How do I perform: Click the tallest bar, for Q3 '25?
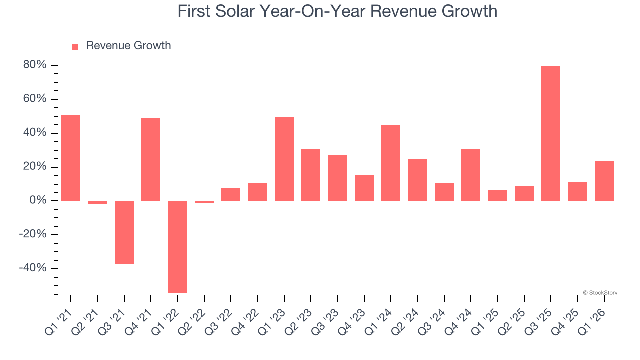pos(550,133)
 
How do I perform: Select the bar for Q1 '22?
pos(177,246)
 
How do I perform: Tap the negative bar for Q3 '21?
pos(124,232)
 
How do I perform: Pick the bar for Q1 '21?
pos(71,158)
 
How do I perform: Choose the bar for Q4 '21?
pos(151,159)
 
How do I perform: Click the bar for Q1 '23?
pos(284,159)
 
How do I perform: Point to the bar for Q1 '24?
pos(391,163)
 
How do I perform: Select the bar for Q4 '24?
pos(471,175)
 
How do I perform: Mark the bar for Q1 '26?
pos(604,180)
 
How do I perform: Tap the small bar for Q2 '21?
pos(98,202)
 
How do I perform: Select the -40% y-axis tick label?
pos(33,268)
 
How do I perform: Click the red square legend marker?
pos(75,47)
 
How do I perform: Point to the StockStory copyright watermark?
pos(600,293)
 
